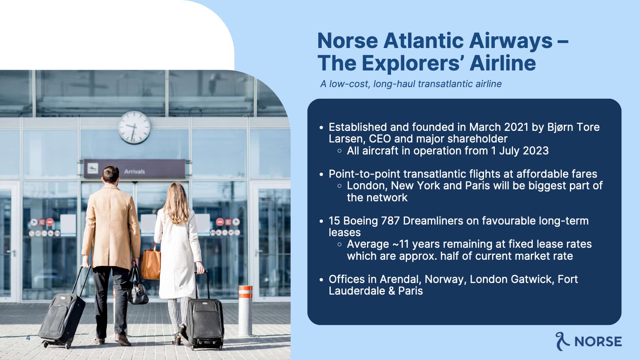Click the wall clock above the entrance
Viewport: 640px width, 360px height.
134,127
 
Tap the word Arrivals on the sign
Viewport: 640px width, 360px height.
135,171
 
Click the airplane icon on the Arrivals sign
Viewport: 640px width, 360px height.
93,168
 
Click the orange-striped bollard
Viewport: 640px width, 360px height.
245,310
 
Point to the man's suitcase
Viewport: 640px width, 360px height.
62,314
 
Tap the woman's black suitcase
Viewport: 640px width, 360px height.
205,320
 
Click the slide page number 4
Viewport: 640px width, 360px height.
28,338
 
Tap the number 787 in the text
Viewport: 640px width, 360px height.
390,221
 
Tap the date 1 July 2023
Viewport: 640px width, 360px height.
520,151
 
